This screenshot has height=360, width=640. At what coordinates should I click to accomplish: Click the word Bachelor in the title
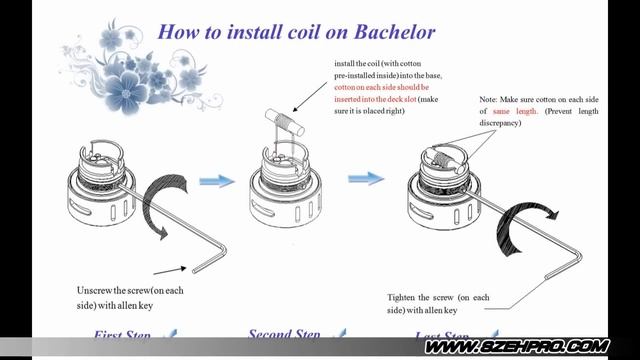[x=389, y=32]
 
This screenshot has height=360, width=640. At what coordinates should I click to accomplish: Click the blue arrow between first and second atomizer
[x=215, y=181]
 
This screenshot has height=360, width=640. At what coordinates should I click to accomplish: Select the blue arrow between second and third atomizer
[x=365, y=179]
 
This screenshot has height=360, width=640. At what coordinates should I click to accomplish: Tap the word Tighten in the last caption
[x=406, y=298]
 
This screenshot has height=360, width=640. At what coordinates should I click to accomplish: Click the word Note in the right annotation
[x=488, y=100]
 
